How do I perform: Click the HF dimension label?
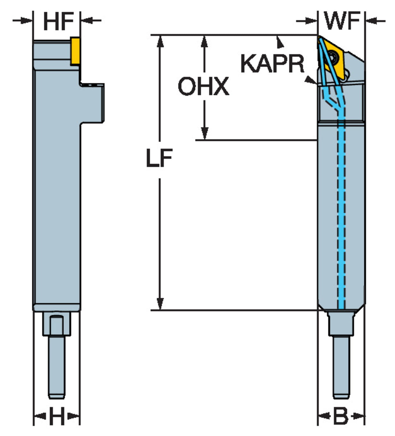[x=58, y=22]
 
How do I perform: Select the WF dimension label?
[x=342, y=21]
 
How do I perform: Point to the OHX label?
[x=203, y=86]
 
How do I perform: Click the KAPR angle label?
[x=272, y=64]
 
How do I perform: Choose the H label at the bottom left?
[x=57, y=416]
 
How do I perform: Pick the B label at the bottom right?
[x=341, y=416]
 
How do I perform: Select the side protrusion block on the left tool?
[x=93, y=103]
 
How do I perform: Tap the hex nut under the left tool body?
[x=57, y=324]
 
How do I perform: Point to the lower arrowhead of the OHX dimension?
[x=205, y=134]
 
